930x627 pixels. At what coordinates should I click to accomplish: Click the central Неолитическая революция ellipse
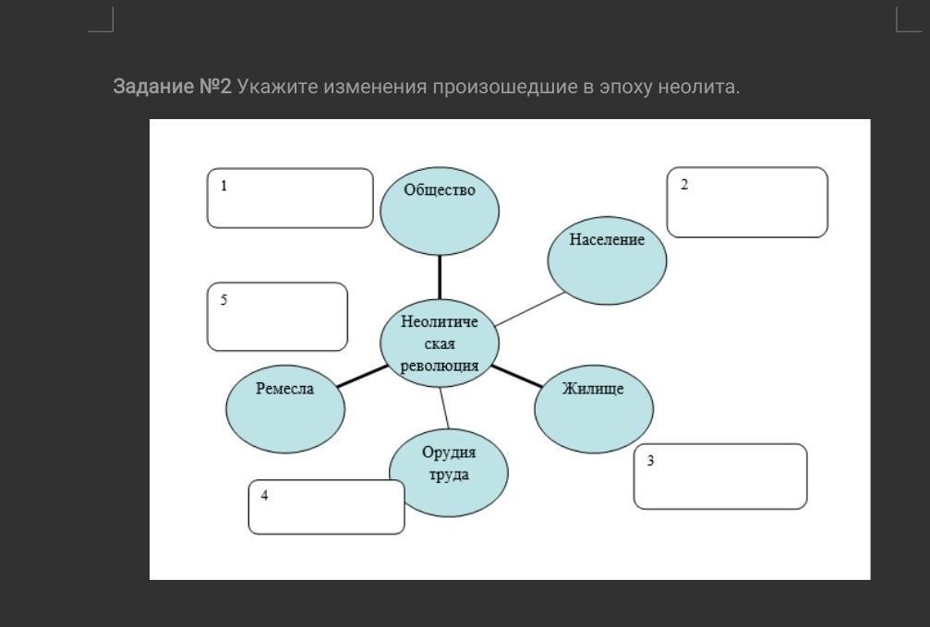pos(440,344)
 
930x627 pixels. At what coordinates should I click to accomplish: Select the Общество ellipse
pos(440,211)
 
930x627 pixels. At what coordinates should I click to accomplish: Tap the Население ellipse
pos(607,260)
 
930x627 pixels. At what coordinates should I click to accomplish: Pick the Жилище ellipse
pos(594,409)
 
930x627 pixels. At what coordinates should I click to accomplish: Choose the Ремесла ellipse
pos(285,409)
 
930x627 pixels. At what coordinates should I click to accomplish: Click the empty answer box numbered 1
pos(290,199)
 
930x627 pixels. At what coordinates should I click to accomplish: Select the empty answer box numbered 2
pos(747,202)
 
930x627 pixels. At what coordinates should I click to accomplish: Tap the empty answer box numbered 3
pos(720,476)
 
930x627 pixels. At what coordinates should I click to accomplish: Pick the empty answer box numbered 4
pos(326,507)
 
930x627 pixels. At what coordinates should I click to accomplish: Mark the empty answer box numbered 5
pos(277,317)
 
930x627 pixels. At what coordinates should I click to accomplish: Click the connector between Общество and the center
pos(440,278)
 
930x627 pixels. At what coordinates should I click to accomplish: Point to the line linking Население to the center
pos(530,309)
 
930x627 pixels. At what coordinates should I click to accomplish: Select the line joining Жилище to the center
pos(516,377)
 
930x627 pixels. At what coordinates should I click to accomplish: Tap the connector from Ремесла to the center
pos(363,376)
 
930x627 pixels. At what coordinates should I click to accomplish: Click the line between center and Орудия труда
pos(444,408)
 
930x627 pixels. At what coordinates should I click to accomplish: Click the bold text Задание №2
pos(172,87)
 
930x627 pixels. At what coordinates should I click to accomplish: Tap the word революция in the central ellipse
pos(440,366)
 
